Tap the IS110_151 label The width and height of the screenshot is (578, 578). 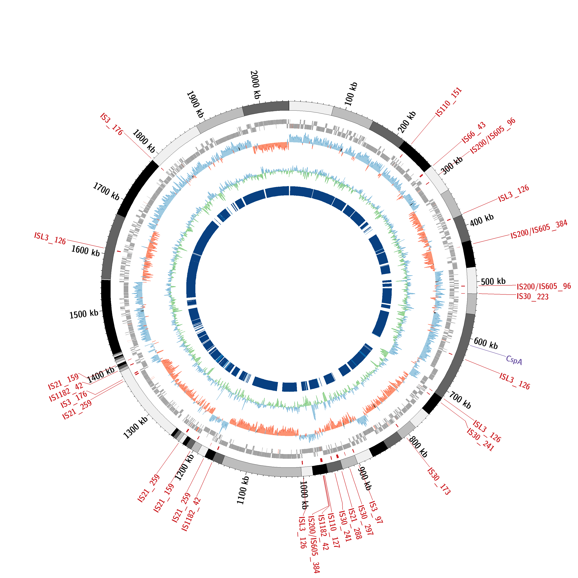pos(449,102)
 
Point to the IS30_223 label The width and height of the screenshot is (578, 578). pos(533,297)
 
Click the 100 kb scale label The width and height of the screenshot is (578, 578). pos(351,94)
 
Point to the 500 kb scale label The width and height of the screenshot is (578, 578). pos(493,281)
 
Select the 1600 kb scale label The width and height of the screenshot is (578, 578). pos(86,251)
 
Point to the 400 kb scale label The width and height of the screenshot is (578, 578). pos(482,220)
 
